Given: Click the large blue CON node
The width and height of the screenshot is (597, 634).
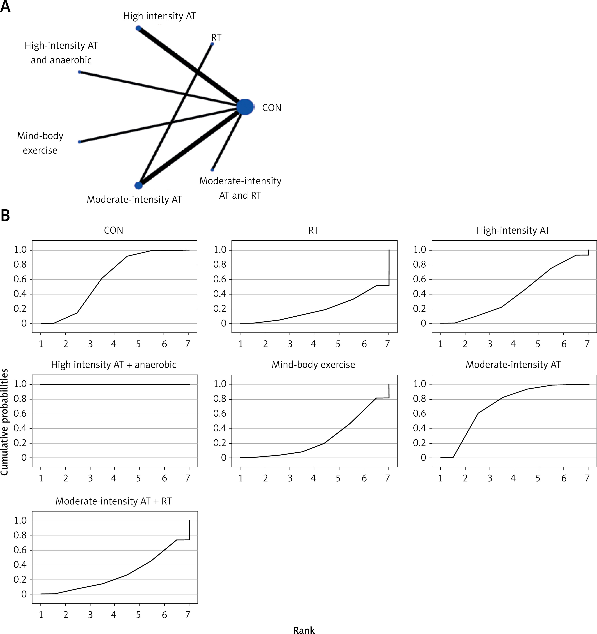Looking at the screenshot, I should click(x=245, y=107).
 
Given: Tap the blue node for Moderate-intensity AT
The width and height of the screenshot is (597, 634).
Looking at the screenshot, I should click(x=138, y=185).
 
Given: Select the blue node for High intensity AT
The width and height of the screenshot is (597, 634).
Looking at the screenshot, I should click(x=138, y=28).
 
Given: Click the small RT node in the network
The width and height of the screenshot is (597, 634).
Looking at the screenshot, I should click(x=212, y=44).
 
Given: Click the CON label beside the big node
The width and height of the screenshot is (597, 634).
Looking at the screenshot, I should click(x=271, y=108).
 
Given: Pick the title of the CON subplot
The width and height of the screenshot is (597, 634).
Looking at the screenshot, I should click(x=114, y=230).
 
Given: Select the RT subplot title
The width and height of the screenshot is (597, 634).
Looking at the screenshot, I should click(x=313, y=230).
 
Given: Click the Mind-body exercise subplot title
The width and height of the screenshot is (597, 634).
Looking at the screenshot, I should click(x=313, y=364).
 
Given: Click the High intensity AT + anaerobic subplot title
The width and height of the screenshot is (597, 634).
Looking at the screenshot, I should click(x=114, y=364).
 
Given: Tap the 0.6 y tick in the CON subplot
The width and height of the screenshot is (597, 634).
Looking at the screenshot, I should click(x=20, y=279).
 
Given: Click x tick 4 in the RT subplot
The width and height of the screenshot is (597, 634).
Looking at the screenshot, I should click(x=313, y=344).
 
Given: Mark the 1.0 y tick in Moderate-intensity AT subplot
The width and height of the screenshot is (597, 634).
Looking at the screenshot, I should click(x=420, y=384).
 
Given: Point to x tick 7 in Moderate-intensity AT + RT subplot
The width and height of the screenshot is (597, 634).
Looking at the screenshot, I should click(x=188, y=615).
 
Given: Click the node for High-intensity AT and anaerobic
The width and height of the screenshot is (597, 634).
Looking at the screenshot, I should click(x=80, y=72).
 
